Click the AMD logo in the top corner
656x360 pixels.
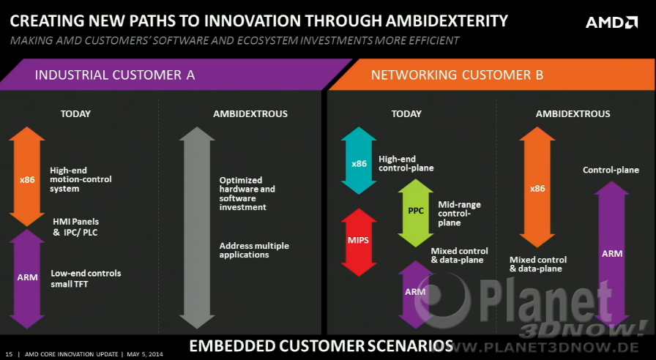pyautogui.click(x=611, y=22)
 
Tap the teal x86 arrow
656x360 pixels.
pyautogui.click(x=359, y=160)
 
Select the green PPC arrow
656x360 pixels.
pyautogui.click(x=415, y=213)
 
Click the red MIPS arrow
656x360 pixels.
pyautogui.click(x=359, y=242)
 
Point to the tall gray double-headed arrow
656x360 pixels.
pyautogui.click(x=197, y=228)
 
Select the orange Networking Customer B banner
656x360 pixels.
pyautogui.click(x=493, y=75)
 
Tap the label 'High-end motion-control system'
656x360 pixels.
pyautogui.click(x=81, y=179)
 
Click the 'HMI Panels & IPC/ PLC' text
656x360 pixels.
pyautogui.click(x=75, y=227)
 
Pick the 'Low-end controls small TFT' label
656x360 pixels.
pyautogui.click(x=86, y=279)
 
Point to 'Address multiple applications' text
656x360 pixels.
pyautogui.click(x=254, y=250)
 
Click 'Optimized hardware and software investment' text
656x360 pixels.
pyautogui.click(x=247, y=194)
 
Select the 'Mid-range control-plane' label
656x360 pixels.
pyautogui.click(x=459, y=213)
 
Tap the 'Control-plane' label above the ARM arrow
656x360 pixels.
pyautogui.click(x=611, y=170)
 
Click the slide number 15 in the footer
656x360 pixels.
pyautogui.click(x=9, y=354)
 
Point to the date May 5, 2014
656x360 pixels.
pyautogui.click(x=145, y=354)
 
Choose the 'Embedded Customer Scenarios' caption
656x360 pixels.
pyautogui.click(x=321, y=346)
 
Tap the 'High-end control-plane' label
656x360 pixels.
pyautogui.click(x=406, y=163)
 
